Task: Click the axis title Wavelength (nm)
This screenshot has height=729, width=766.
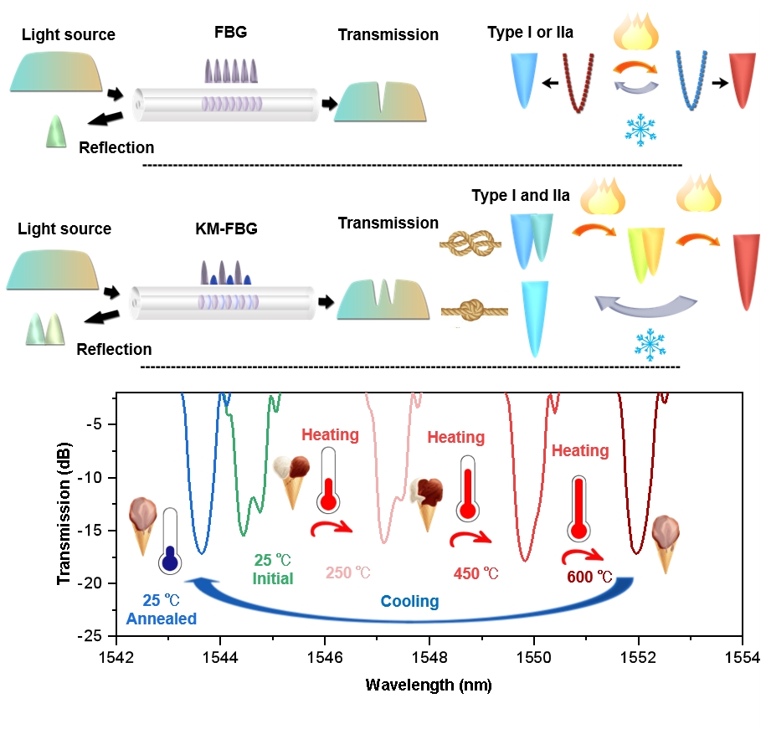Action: [429, 685]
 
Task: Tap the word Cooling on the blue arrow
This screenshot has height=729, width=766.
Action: [409, 601]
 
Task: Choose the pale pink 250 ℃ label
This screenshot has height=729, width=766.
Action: [347, 573]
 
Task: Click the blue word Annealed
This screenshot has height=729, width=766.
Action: [161, 619]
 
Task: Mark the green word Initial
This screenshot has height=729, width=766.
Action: [274, 578]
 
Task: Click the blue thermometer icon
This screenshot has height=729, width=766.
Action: [170, 542]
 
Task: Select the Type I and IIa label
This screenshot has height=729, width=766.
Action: [521, 196]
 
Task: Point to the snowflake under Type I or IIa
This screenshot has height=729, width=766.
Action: [640, 128]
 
